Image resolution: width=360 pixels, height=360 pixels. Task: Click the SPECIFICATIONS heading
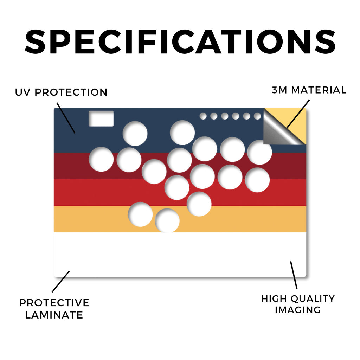pyautogui.click(x=180, y=41)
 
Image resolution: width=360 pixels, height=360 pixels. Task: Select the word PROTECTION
pyautogui.click(x=71, y=92)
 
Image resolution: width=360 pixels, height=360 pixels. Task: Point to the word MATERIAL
pyautogui.click(x=319, y=90)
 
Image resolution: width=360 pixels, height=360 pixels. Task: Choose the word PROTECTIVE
pyautogui.click(x=54, y=303)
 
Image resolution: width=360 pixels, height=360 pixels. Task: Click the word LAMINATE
pyautogui.click(x=54, y=315)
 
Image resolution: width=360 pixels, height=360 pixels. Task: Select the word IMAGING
pyautogui.click(x=298, y=310)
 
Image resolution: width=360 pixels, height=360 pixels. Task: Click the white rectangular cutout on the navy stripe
pyautogui.click(x=101, y=118)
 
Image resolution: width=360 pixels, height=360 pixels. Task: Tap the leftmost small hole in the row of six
pyautogui.click(x=203, y=116)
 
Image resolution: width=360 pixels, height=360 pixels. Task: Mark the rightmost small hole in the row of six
pyautogui.click(x=257, y=116)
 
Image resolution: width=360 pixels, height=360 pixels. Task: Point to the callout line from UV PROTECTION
pyautogui.click(x=66, y=118)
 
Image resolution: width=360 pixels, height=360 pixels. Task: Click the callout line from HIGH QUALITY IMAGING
pyautogui.click(x=294, y=275)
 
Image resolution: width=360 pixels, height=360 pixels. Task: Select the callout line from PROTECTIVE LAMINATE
pyautogui.click(x=60, y=282)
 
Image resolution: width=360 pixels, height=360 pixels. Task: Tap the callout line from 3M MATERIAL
pyautogui.click(x=298, y=114)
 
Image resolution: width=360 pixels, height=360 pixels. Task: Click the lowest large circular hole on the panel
pyautogui.click(x=167, y=221)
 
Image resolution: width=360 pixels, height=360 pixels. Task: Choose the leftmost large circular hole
pyautogui.click(x=101, y=159)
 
